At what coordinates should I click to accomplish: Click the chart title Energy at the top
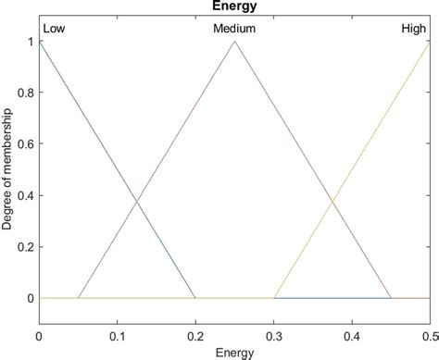[x=234, y=7]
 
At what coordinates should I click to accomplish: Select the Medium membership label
[x=234, y=30]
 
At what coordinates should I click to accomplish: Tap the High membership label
[x=413, y=30]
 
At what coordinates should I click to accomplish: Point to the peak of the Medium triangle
[x=234, y=42]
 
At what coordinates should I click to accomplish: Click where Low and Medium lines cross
[x=137, y=202]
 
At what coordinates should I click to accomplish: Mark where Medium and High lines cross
[x=332, y=202]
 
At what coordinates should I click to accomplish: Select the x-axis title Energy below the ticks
[x=234, y=353]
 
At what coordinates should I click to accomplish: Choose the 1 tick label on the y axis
[x=31, y=42]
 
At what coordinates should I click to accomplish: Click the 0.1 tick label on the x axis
[x=117, y=335]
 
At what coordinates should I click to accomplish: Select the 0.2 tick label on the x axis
[x=194, y=335]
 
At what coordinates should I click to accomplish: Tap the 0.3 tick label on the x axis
[x=273, y=335]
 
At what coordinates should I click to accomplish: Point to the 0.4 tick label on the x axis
[x=351, y=335]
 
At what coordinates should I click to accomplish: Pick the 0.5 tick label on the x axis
[x=428, y=335]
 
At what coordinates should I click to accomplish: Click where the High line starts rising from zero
[x=274, y=298]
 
